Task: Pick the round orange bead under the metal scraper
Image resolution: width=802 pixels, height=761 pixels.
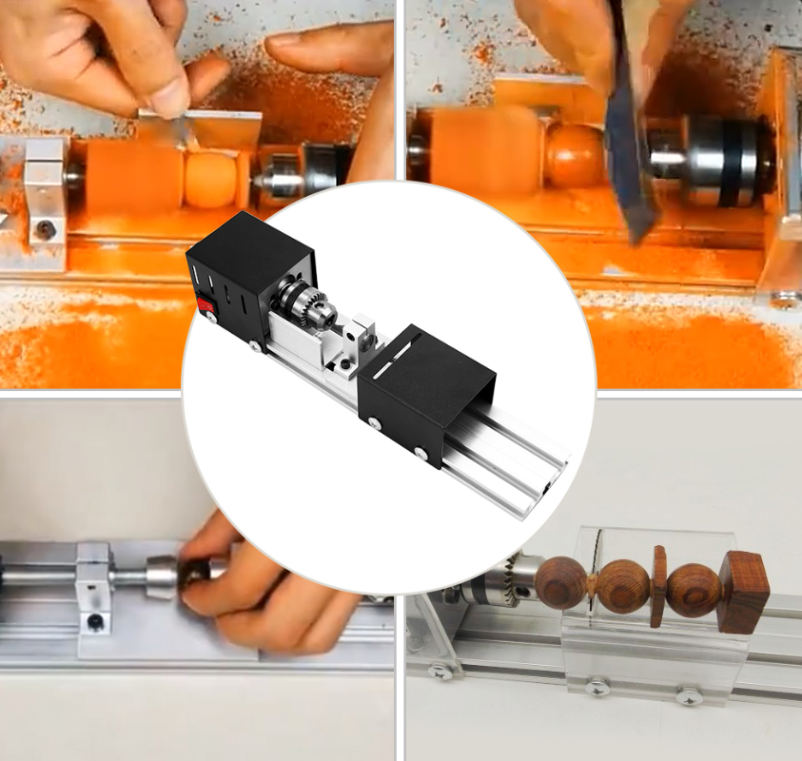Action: click(209, 178)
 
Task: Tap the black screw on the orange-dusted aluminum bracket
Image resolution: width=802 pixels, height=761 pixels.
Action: click(45, 229)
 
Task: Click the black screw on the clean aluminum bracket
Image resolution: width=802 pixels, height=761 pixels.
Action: click(95, 623)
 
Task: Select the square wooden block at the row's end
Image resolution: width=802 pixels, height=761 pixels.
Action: click(743, 592)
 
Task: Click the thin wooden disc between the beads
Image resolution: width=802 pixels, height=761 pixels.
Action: click(657, 587)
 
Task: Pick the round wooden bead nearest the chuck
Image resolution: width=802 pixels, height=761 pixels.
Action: click(560, 582)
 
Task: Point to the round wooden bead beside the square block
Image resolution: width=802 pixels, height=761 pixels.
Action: click(693, 590)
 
